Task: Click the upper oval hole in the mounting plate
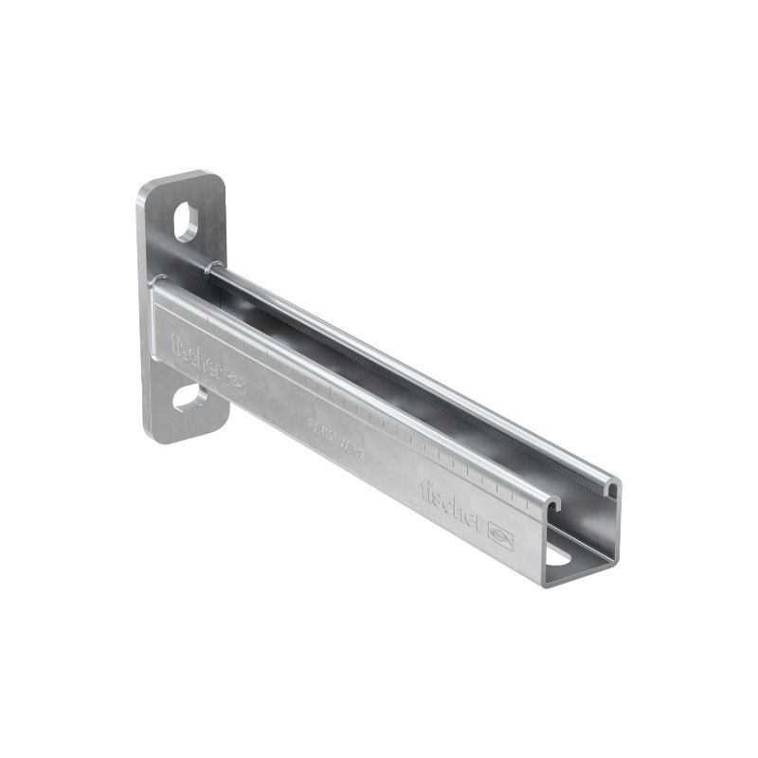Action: click(x=187, y=222)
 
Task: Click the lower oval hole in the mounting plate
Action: click(x=189, y=397)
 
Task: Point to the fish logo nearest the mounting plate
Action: click(x=233, y=384)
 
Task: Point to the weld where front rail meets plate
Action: click(x=155, y=283)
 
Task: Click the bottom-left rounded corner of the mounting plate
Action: click(x=149, y=435)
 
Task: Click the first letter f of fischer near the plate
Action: click(x=175, y=342)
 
